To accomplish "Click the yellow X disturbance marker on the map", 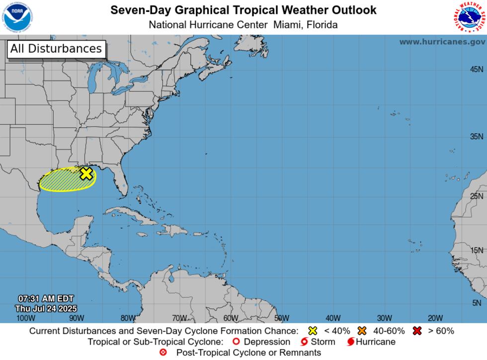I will coord(86,174).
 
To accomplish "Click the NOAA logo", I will coord(16,17).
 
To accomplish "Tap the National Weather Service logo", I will coord(469,17).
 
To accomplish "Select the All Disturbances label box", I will coord(56,49).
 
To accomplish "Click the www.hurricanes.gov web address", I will coord(442,42).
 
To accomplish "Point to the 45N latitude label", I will coord(476,70).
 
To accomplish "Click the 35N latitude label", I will coord(476,137).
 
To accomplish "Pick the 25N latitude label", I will coord(476,196).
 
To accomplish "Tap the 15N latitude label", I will coord(476,251).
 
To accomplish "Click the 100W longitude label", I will coord(25,318).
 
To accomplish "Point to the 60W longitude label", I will coord(231,318).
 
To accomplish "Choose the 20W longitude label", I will coord(435,318).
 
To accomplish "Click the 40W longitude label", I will coord(333,318).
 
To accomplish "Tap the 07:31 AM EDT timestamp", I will coord(46,299).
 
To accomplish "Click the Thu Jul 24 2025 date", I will coord(46,308).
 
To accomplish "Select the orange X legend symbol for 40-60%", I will coord(362,331).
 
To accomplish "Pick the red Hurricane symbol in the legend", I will coord(351,342).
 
